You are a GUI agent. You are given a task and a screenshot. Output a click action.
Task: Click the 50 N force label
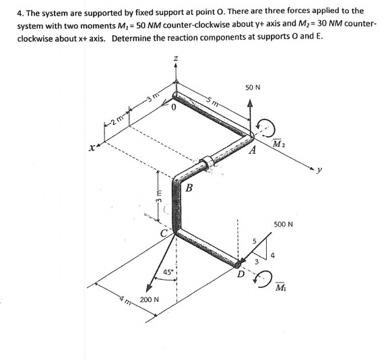pos(253,88)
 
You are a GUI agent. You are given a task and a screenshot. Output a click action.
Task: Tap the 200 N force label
pos(150,299)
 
